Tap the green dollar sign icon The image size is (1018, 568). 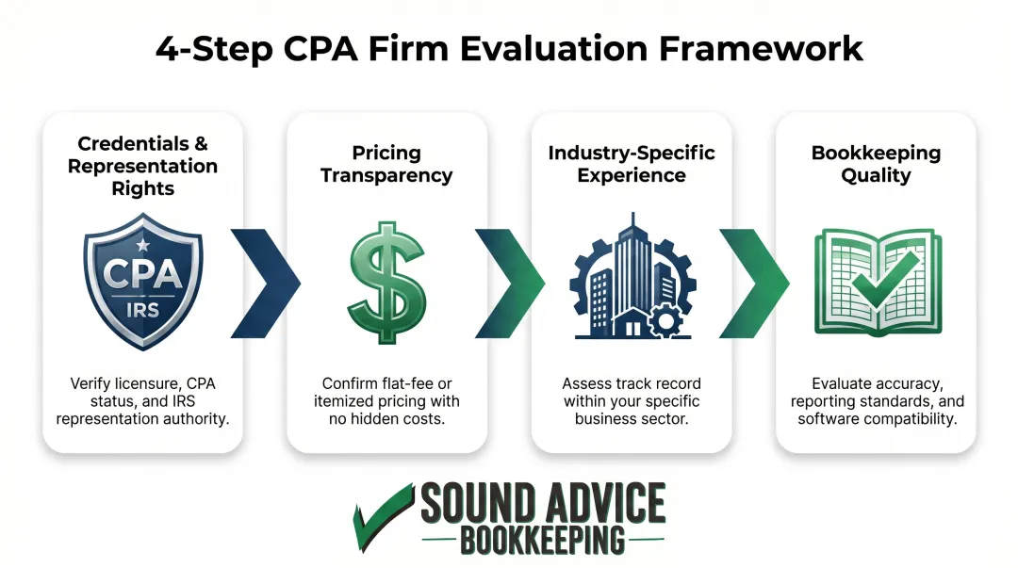pos(386,280)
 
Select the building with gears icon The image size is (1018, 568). pos(632,280)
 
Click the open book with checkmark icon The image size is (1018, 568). pos(876,280)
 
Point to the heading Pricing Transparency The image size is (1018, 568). pos(386,164)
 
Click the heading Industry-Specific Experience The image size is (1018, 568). pos(632,164)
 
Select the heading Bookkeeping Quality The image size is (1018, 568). pos(876,164)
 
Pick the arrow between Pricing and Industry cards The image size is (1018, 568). pos(509,280)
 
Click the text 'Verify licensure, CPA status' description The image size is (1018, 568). pos(142,400)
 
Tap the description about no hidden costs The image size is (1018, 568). pos(386,400)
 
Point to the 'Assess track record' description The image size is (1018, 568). pos(632,400)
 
